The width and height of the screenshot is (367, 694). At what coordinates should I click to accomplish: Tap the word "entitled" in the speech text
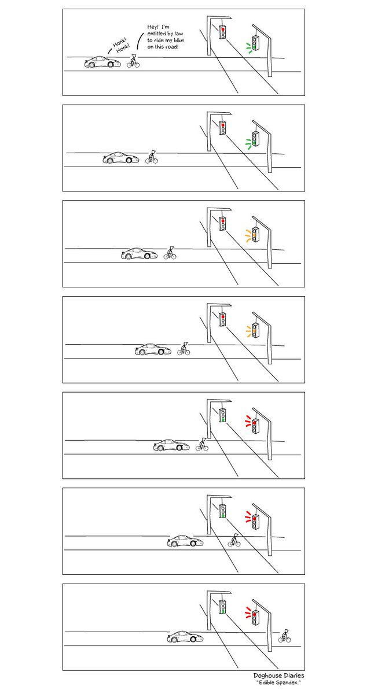point(159,34)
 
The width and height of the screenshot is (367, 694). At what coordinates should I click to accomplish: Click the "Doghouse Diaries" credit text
point(278,675)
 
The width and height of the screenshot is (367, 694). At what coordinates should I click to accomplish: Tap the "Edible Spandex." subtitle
point(278,684)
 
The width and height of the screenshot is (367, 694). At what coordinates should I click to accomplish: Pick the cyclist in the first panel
point(134,61)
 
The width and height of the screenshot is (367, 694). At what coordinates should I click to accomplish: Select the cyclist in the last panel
point(284,636)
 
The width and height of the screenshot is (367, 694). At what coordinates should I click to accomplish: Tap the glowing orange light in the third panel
point(255,235)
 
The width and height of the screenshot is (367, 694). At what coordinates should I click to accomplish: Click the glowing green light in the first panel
point(255,46)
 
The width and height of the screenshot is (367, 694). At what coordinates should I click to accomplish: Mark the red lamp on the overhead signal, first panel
point(222,28)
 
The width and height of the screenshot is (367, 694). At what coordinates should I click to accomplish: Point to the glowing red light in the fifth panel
point(255,422)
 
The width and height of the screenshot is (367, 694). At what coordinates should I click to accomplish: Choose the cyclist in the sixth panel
point(234,540)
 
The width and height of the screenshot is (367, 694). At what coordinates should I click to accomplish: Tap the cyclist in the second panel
point(152,157)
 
